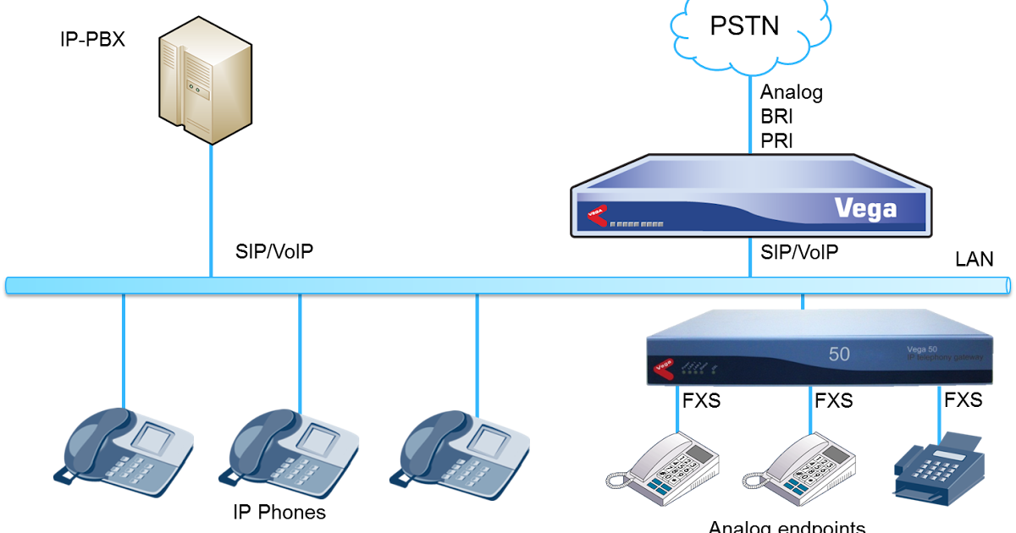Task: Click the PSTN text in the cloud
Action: [x=744, y=26]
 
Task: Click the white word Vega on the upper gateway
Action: [x=864, y=208]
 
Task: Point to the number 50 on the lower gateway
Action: [x=839, y=354]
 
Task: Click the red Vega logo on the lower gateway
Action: [x=663, y=367]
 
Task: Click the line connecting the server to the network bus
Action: [x=211, y=212]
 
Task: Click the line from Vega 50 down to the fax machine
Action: [x=940, y=410]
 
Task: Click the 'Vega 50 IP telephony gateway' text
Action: [x=941, y=354]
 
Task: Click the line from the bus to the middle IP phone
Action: [x=300, y=355]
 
